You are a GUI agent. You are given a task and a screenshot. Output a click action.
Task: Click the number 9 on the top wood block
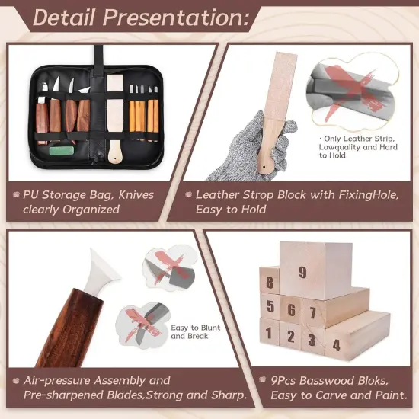click(302, 272)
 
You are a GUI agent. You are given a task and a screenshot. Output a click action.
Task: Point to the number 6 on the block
click(290, 310)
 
